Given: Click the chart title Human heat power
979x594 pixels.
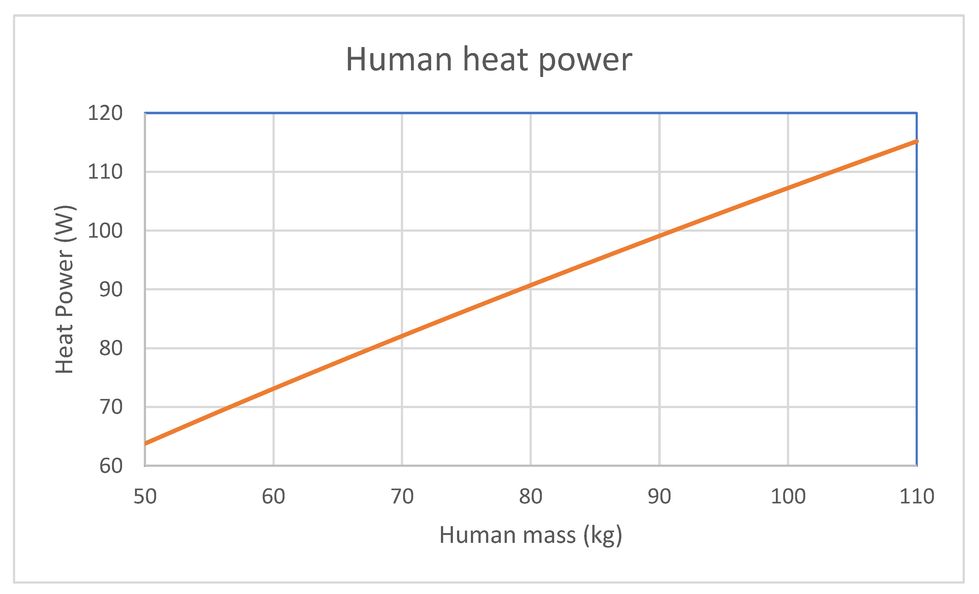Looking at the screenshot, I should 489,60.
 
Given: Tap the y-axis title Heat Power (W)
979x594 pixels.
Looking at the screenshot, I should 65,289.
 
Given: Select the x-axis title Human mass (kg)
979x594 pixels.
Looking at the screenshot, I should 531,535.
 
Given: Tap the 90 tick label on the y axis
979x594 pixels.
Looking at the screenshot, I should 110,290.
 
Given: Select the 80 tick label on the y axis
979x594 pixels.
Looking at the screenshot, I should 110,349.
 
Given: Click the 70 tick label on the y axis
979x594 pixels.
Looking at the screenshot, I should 110,407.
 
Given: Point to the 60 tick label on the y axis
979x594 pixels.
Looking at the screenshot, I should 110,466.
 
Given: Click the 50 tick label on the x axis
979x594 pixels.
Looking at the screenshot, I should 145,496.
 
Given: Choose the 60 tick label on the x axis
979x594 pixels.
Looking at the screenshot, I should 273,496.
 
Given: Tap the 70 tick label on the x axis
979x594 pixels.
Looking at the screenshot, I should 402,496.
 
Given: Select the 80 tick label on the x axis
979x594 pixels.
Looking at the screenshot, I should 531,496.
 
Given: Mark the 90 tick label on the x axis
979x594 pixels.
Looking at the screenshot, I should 659,496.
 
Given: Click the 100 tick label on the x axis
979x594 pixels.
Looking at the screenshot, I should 788,496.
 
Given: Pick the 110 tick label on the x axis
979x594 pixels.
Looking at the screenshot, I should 917,496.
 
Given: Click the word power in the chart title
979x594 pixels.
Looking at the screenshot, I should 585,60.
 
